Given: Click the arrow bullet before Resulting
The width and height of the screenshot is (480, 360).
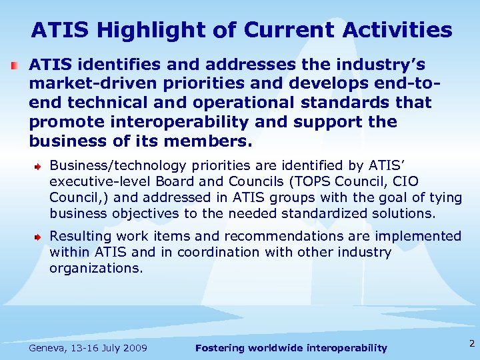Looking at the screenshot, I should (40, 237).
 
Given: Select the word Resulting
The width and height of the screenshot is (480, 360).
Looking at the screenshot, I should (80, 236).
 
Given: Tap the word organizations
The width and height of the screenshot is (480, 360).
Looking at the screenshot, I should (96, 268).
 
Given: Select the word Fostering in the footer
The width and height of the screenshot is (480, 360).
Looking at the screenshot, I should (221, 348).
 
